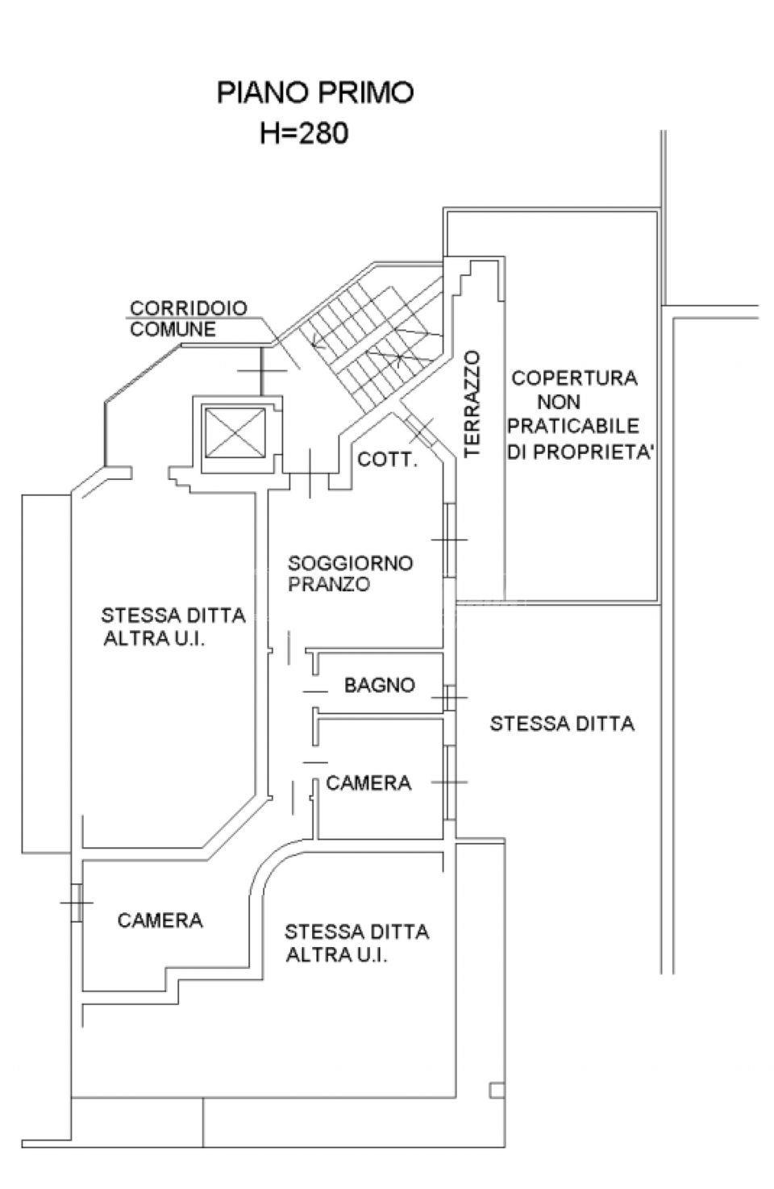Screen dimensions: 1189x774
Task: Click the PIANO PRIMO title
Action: pyautogui.click(x=314, y=93)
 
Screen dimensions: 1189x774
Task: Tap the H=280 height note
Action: pyautogui.click(x=304, y=132)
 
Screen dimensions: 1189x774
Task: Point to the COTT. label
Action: pyautogui.click(x=387, y=461)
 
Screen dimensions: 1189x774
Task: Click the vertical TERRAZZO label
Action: pyautogui.click(x=472, y=404)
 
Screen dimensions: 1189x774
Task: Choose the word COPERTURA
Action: pyautogui.click(x=574, y=378)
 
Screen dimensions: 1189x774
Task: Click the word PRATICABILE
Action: pyautogui.click(x=573, y=426)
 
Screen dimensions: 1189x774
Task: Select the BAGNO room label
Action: pyautogui.click(x=379, y=686)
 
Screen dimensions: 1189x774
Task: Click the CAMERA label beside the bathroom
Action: pyautogui.click(x=368, y=782)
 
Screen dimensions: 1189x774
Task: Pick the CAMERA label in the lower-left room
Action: pyautogui.click(x=160, y=920)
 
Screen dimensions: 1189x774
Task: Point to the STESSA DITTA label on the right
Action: pyautogui.click(x=562, y=724)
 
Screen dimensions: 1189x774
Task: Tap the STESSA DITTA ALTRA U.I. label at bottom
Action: pyautogui.click(x=356, y=944)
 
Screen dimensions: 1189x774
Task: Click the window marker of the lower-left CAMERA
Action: pyautogui.click(x=77, y=902)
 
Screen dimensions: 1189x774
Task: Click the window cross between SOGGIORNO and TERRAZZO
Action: pyautogui.click(x=449, y=540)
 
